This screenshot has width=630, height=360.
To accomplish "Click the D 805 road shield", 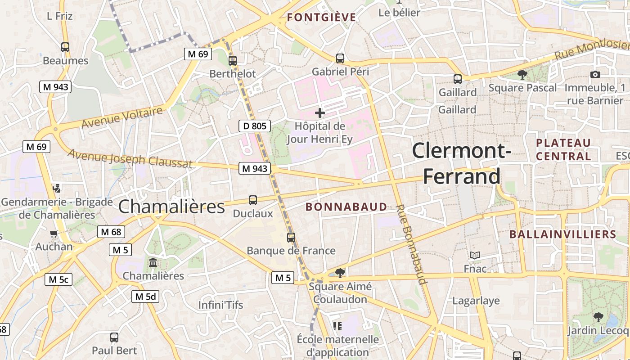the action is point(255,126).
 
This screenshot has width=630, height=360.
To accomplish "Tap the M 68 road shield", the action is point(111,232).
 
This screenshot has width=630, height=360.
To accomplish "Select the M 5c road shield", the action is point(58,279).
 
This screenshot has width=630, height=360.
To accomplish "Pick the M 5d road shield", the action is point(145,297).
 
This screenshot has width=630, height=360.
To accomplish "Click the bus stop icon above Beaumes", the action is point(65,47).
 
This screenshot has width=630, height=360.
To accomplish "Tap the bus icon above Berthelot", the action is point(233,60).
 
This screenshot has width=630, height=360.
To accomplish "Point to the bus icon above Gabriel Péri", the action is point(340,58).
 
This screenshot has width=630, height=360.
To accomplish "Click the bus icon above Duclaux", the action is point(253,200).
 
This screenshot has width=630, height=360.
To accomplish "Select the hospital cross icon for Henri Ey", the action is point(320,112).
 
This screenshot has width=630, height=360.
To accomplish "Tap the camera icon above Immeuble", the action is point(595,74).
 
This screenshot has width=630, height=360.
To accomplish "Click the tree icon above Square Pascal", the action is point(522,74).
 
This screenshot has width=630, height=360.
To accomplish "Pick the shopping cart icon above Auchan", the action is point(54,234).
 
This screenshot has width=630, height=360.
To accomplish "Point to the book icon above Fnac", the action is point(475,256).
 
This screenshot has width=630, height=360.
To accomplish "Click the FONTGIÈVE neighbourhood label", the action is point(321,18).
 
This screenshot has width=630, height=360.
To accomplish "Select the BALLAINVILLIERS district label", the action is point(562,234).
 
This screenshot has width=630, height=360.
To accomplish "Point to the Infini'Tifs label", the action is point(220,305).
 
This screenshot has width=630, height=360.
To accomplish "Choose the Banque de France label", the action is point(291,251).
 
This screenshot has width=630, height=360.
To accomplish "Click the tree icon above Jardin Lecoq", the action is point(598,317).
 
